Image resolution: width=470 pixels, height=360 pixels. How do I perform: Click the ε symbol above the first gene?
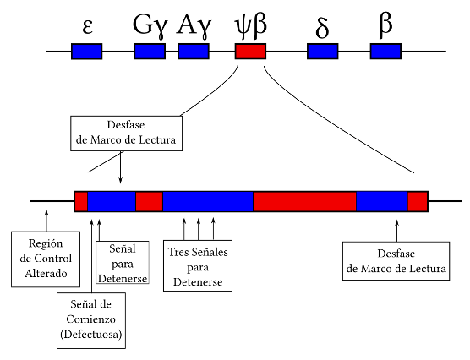coord(87,26)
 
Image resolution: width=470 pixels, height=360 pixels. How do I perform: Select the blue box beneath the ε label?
coord(86,52)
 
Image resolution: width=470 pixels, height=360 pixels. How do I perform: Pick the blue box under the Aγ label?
coord(194,52)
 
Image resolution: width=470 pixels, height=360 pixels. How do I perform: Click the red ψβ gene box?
coord(250,52)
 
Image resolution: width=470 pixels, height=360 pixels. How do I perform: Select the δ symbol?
coord(322,27)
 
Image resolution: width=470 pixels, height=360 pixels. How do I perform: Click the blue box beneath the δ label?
coord(322,52)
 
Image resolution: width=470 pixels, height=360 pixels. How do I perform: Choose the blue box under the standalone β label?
coord(385,52)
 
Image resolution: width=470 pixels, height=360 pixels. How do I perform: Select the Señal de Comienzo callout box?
coord(90,319)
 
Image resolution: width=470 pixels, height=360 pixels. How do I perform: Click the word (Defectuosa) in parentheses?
coord(90,335)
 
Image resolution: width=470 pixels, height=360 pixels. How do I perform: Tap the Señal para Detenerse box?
coord(123,263)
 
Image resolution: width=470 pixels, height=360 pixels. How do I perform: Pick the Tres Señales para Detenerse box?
coord(197,265)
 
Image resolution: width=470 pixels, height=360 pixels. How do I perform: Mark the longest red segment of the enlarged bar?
coord(304,201)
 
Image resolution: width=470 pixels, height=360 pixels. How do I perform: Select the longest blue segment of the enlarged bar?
coord(208,201)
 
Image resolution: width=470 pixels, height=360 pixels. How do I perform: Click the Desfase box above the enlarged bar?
coord(124,133)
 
